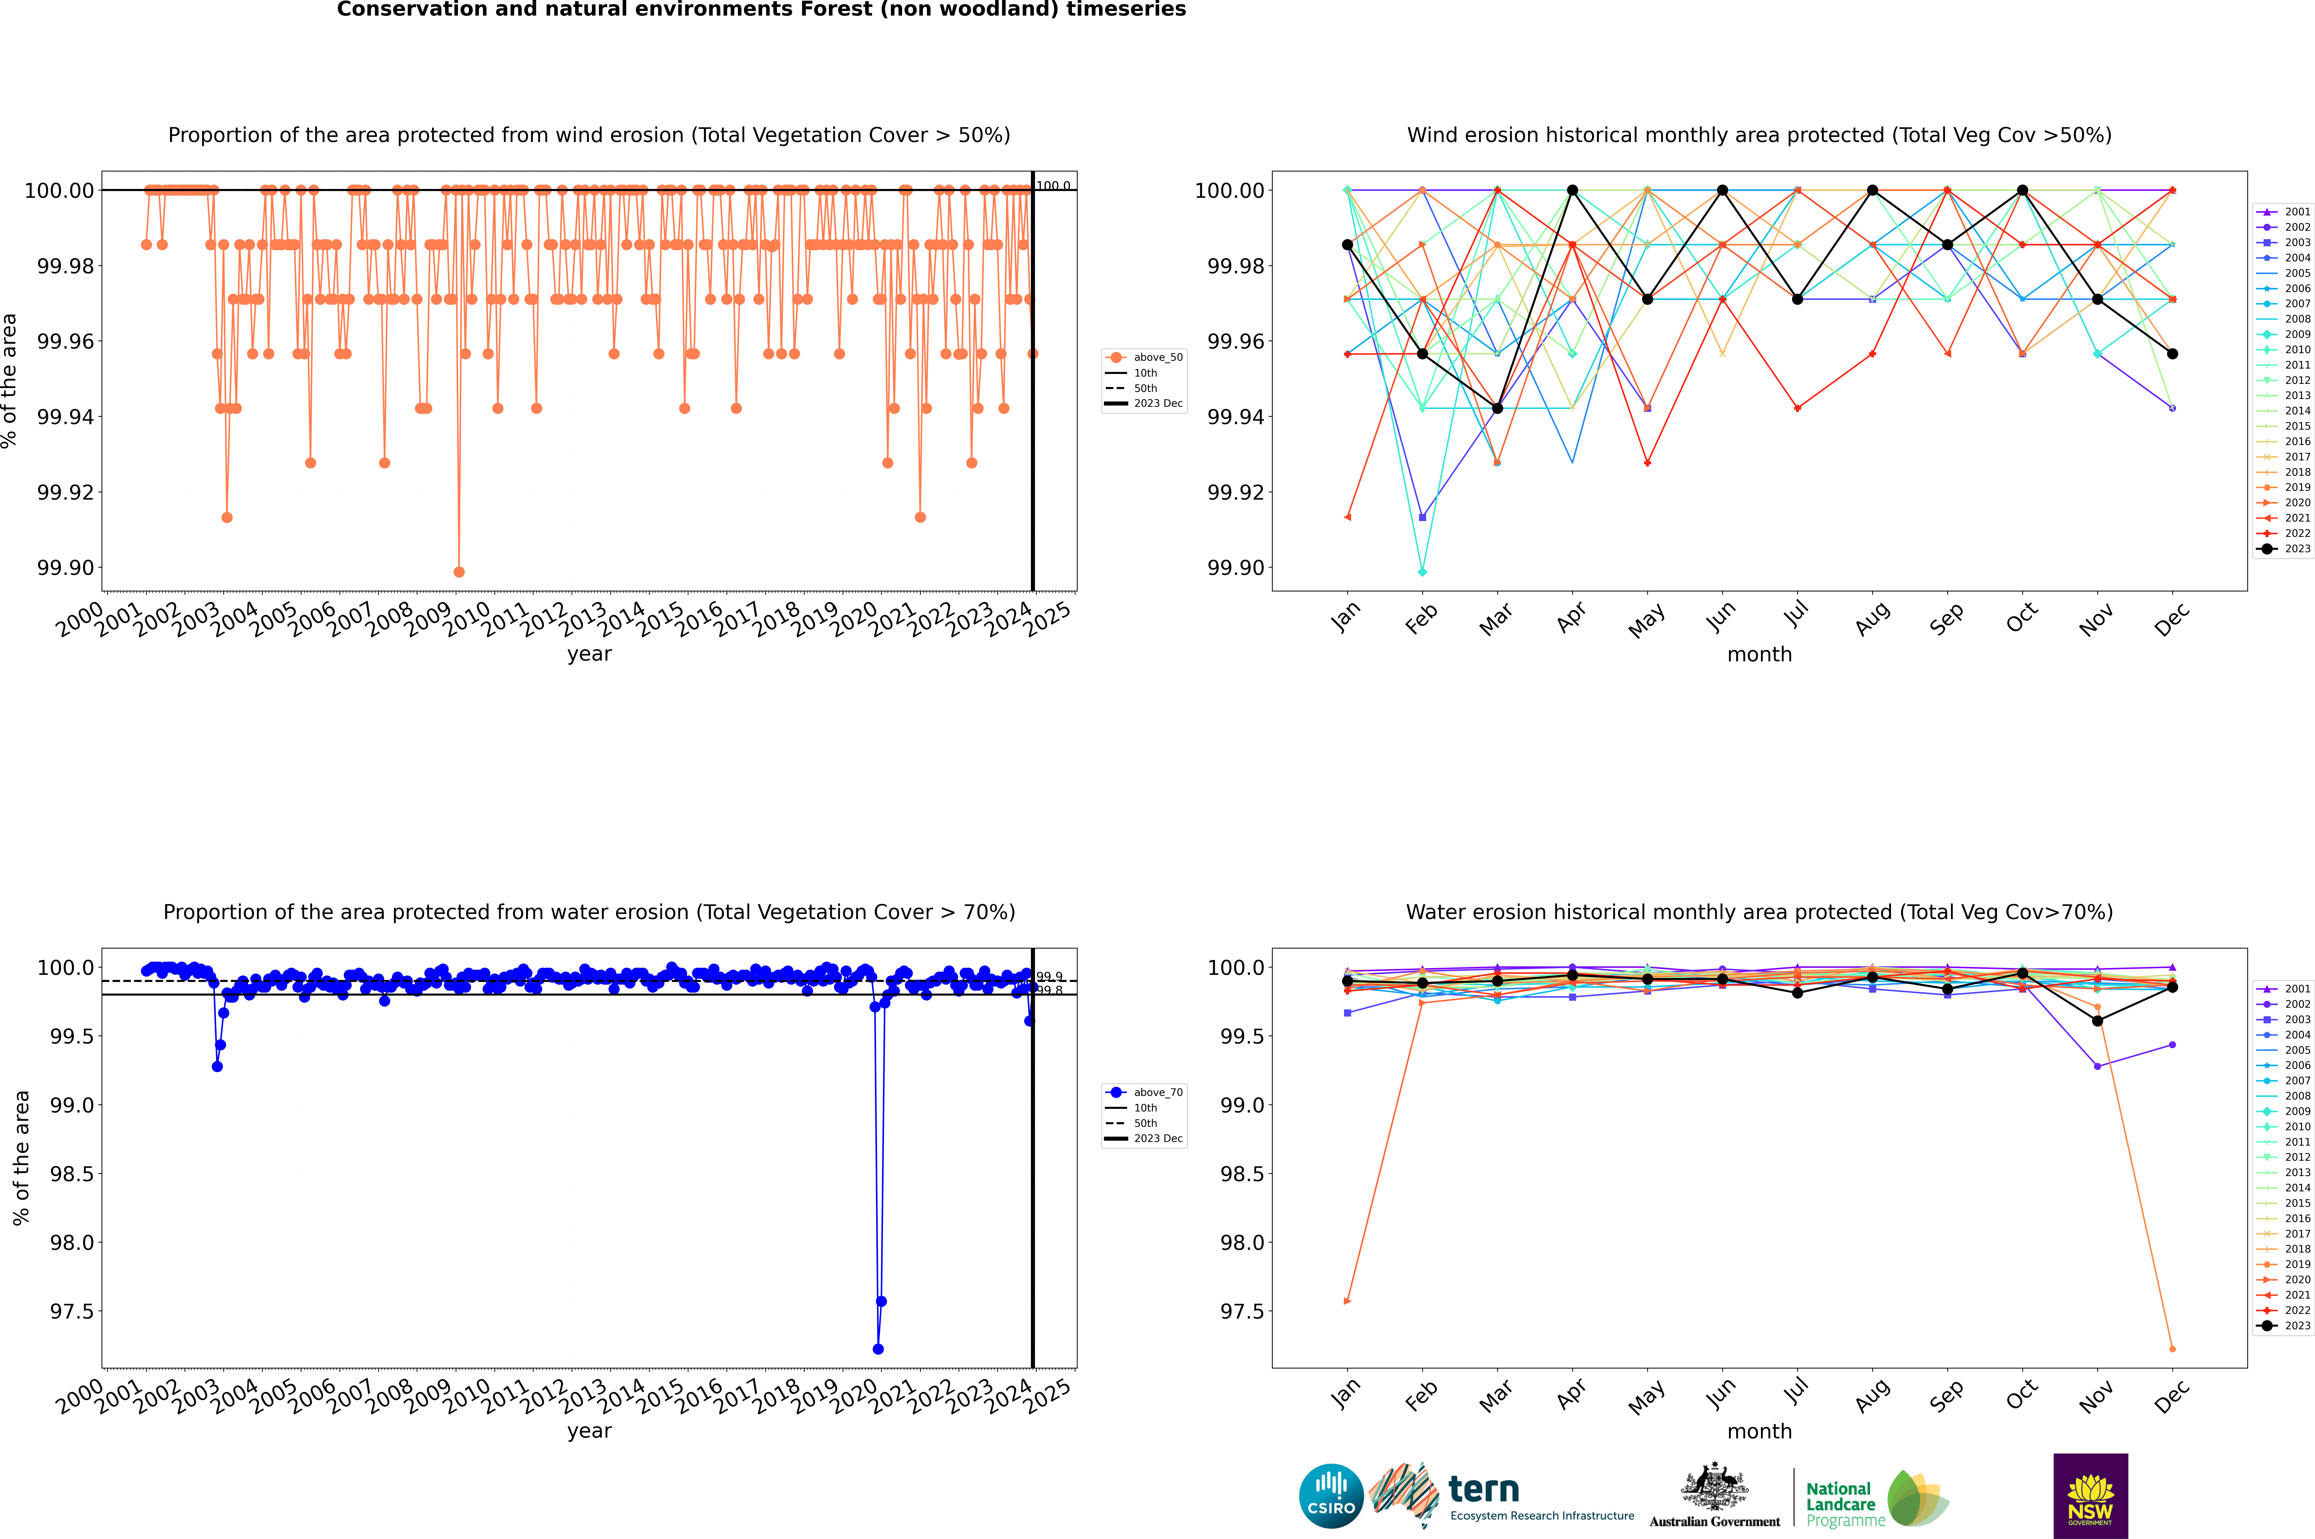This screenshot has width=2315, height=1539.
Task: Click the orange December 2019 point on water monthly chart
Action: pos(2172,1349)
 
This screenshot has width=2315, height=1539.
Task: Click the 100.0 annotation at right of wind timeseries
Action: pos(1053,186)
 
